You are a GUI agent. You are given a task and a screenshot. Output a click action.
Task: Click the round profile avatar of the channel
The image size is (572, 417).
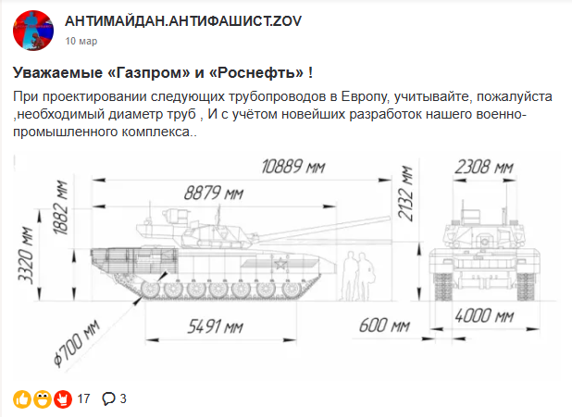point(33,31)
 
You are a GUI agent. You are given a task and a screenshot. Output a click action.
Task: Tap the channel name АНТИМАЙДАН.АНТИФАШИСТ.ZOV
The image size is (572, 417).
point(183,21)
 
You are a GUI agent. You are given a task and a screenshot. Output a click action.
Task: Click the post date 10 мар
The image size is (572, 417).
point(81,41)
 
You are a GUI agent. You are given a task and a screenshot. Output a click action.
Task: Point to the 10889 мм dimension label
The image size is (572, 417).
point(292,167)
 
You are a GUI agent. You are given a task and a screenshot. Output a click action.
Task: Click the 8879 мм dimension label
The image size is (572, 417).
point(214,193)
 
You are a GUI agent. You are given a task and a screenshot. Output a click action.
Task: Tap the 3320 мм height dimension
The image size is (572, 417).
point(26,255)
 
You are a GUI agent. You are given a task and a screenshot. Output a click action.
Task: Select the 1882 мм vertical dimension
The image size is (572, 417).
point(60,207)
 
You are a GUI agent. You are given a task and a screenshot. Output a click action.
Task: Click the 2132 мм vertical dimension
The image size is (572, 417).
point(405,193)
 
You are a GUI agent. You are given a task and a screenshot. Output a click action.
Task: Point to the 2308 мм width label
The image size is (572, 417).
point(484,167)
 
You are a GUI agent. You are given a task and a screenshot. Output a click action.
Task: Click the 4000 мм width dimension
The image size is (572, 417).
point(484,316)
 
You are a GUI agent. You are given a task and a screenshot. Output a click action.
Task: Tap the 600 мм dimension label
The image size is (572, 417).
point(384,325)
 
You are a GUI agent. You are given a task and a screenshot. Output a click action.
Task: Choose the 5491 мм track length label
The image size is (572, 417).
point(215,326)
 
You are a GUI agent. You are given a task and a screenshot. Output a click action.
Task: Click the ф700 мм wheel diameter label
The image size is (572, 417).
point(76,343)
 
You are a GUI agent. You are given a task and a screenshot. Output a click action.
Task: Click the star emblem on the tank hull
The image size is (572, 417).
point(280,263)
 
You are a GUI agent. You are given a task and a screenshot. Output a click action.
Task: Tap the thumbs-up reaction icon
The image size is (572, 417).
point(22,399)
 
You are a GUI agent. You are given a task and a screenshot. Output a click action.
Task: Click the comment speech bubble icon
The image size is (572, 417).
point(108,398)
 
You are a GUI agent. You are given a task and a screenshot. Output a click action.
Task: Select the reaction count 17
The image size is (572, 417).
point(83,398)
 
